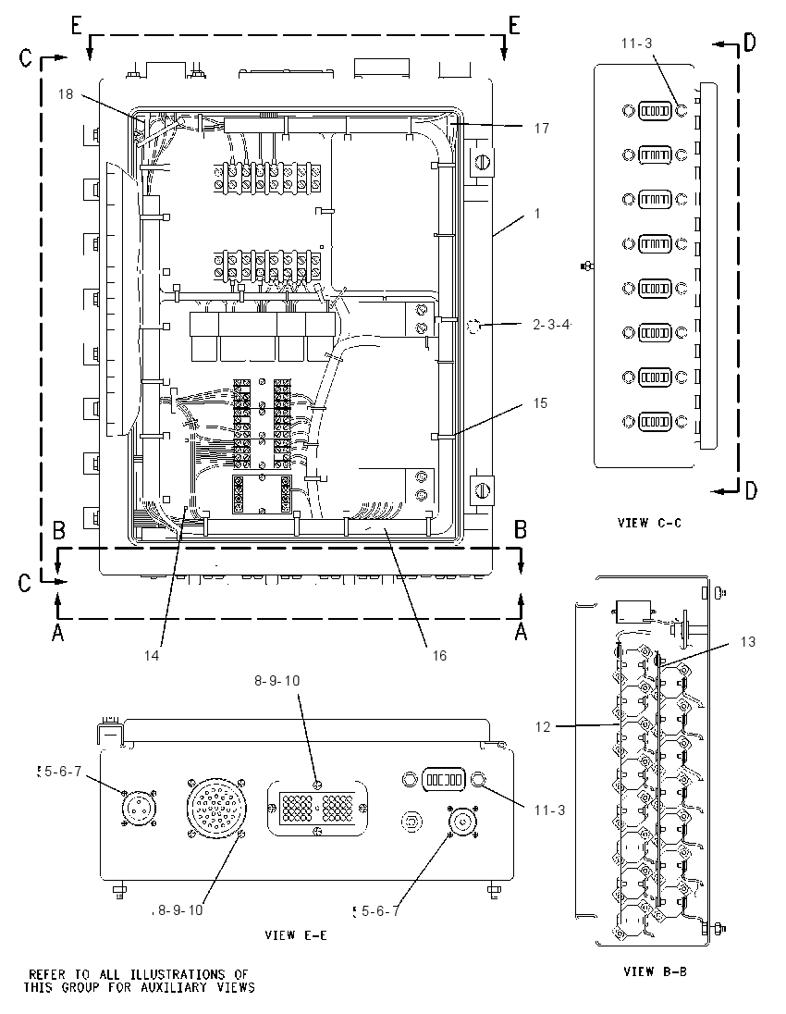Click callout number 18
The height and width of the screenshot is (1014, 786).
(x=66, y=94)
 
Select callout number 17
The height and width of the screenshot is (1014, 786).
(x=542, y=129)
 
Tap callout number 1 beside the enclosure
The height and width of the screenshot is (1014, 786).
(x=537, y=214)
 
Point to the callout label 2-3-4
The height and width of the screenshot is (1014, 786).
(x=551, y=325)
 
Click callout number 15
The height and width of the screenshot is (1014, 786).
(x=540, y=403)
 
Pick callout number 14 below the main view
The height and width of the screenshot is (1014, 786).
(x=152, y=656)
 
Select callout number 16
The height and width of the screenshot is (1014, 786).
(x=439, y=656)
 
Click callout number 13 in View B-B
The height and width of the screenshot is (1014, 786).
(x=747, y=642)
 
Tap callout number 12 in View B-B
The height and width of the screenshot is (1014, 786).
(x=543, y=727)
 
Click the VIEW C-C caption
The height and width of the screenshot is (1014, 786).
(x=649, y=523)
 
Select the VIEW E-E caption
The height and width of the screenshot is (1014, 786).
(x=296, y=935)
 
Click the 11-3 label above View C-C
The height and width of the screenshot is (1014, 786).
(x=637, y=43)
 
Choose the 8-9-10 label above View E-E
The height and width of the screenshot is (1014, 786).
(x=277, y=681)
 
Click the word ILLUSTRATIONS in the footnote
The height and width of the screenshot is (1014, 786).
(x=178, y=974)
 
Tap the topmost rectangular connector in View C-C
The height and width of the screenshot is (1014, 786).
(x=654, y=111)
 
